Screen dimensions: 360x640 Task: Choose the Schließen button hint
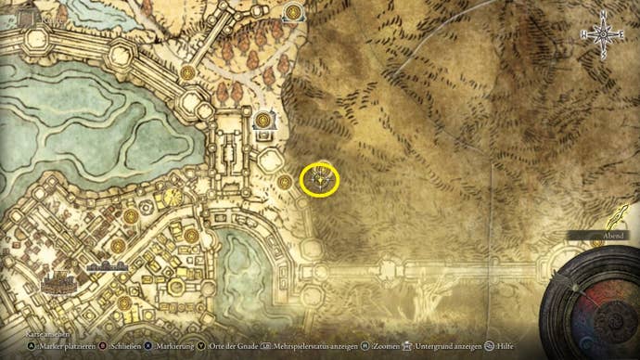[125, 346]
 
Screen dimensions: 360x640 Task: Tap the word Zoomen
[390, 346]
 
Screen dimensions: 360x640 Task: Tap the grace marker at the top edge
[294, 12]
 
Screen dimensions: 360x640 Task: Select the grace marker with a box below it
[264, 122]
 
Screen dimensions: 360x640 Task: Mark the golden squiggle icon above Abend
[613, 219]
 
